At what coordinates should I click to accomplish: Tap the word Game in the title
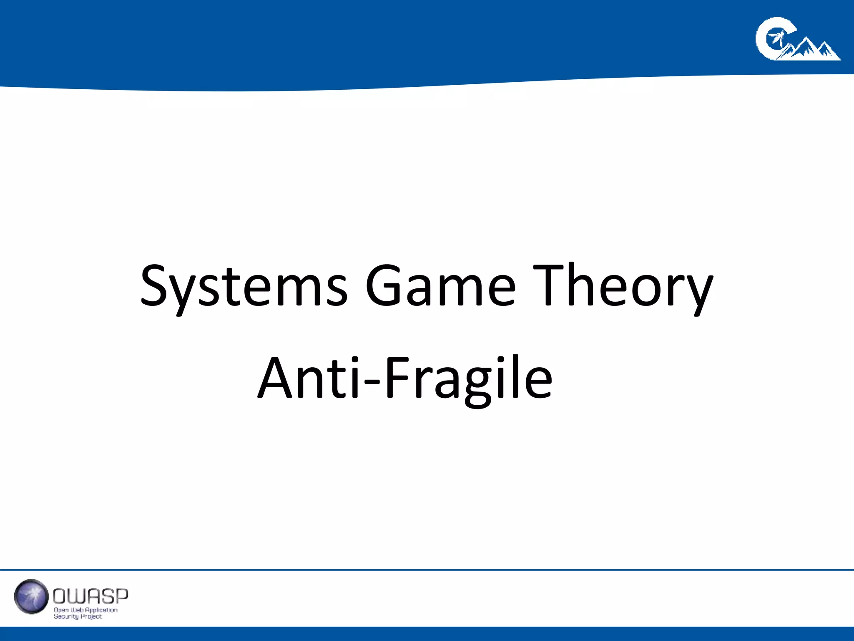[440, 285]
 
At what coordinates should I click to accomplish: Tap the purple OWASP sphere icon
[31, 596]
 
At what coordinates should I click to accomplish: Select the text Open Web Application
[85, 610]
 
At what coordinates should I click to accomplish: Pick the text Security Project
[78, 616]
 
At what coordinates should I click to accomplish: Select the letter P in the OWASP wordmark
[121, 596]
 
